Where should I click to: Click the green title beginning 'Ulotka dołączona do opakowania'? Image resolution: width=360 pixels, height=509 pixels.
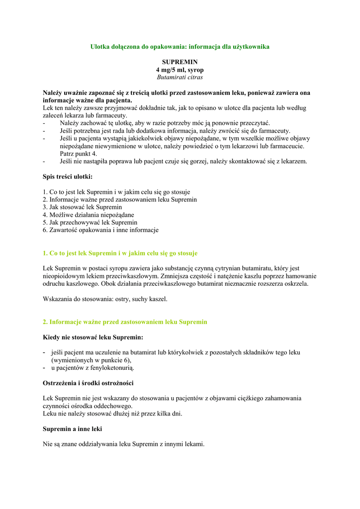pyautogui.click(x=180, y=46)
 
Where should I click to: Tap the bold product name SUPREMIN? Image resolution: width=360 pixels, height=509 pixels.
pyautogui.click(x=180, y=62)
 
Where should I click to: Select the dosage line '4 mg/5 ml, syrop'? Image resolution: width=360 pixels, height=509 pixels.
pyautogui.click(x=180, y=70)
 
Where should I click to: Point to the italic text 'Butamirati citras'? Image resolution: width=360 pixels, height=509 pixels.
pyautogui.click(x=180, y=77)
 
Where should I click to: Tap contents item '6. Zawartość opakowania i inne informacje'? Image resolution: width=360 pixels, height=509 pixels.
pyautogui.click(x=101, y=230)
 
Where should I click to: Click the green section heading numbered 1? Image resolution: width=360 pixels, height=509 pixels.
pyautogui.click(x=120, y=253)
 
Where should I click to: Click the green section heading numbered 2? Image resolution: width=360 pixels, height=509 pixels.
pyautogui.click(x=125, y=322)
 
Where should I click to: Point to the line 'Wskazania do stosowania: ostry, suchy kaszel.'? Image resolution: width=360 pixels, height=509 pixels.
pyautogui.click(x=105, y=299)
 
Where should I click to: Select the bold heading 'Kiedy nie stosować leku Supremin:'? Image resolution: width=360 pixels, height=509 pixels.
pyautogui.click(x=93, y=337)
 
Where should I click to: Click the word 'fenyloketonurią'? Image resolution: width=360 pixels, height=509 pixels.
pyautogui.click(x=111, y=368)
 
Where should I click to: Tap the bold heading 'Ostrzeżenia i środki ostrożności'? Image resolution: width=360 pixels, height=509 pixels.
pyautogui.click(x=88, y=383)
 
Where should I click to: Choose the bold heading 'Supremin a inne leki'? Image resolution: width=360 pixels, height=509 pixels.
pyautogui.click(x=73, y=428)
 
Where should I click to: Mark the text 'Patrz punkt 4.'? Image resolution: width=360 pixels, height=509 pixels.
pyautogui.click(x=79, y=154)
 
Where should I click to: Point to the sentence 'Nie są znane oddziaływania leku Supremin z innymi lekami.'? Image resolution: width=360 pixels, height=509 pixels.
pyautogui.click(x=124, y=444)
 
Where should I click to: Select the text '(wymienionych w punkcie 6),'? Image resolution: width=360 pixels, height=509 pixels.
pyautogui.click(x=91, y=360)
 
